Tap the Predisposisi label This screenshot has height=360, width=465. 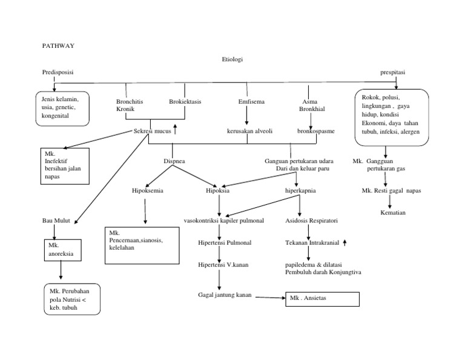click(58, 72)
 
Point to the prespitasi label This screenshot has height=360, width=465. click(393, 72)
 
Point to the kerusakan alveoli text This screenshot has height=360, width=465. click(248, 131)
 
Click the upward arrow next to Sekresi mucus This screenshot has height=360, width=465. click(176, 128)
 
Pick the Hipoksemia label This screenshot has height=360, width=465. click(148, 190)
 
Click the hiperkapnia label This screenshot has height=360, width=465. click(300, 190)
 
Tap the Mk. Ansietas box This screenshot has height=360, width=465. click(322, 299)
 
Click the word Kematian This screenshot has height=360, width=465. click(393, 213)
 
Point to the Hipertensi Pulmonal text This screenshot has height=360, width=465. click(225, 242)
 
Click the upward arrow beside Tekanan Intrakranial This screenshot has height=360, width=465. click(345, 242)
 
